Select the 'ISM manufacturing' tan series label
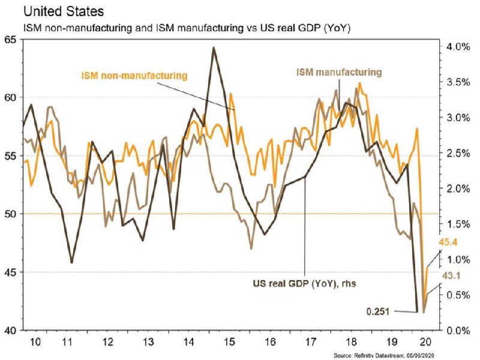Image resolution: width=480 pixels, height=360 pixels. pyautogui.click(x=338, y=72)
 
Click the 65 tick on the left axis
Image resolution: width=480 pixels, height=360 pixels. pyautogui.click(x=10, y=40)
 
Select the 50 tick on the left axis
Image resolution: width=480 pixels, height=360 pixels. pyautogui.click(x=10, y=214)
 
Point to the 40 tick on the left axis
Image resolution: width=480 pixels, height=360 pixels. pyautogui.click(x=10, y=331)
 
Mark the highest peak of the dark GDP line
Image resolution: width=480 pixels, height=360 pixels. pyautogui.click(x=214, y=47)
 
